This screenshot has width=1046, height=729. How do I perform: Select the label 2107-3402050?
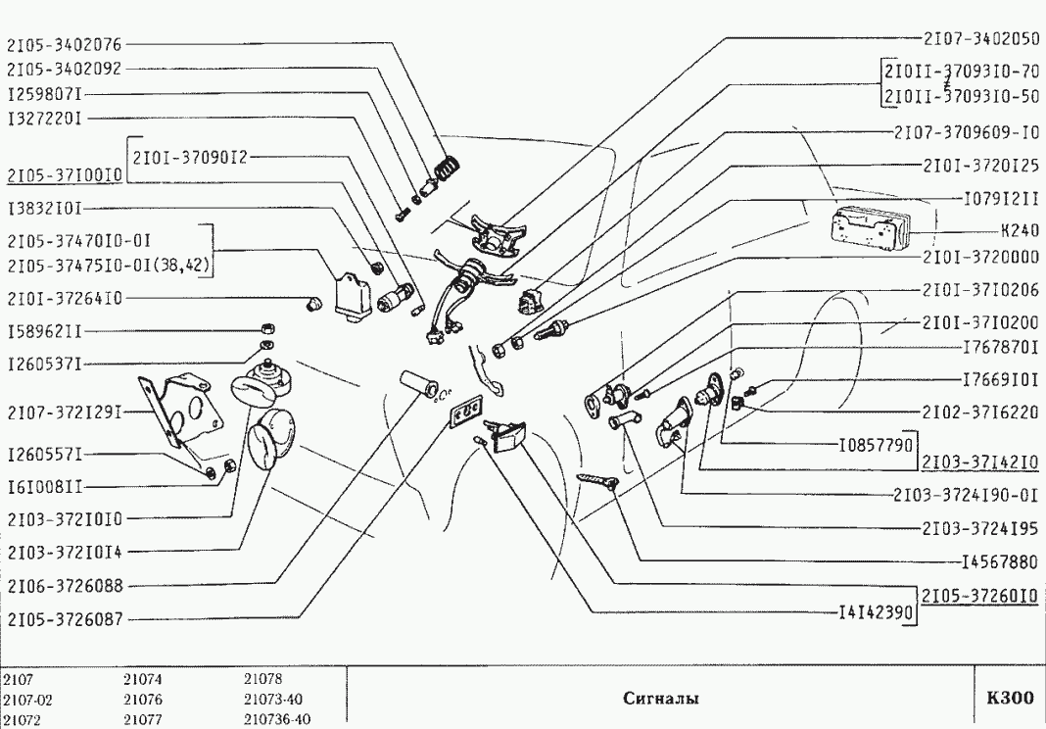tap(980, 38)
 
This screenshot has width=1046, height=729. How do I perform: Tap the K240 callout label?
tap(1019, 234)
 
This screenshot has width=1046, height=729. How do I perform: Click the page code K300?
tap(1009, 699)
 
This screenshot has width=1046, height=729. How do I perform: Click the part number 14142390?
tap(875, 614)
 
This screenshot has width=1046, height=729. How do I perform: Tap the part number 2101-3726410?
tap(65, 299)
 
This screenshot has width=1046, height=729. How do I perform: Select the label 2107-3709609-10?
tap(967, 132)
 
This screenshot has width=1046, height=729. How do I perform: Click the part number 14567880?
tap(997, 562)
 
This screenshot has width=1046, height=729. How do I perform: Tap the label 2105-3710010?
tap(65, 175)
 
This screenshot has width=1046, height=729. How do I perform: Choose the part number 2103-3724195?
tap(980, 528)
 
